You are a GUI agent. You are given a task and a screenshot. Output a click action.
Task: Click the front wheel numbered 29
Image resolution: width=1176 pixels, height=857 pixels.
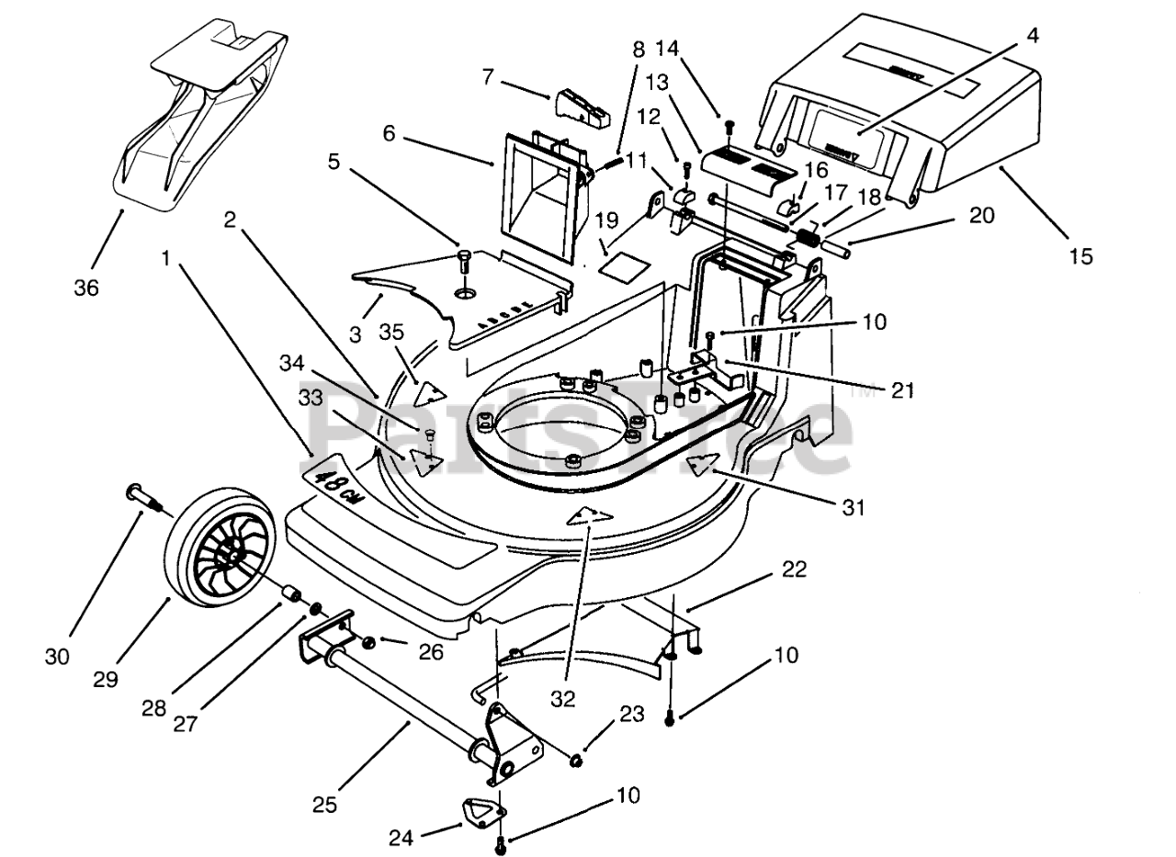220,551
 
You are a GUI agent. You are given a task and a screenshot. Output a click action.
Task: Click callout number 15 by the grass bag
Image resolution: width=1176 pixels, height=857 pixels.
1081,256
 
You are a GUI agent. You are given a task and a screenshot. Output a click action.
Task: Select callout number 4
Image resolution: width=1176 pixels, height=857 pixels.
1033,38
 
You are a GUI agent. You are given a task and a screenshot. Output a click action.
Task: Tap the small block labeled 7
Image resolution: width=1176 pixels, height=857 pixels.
582,108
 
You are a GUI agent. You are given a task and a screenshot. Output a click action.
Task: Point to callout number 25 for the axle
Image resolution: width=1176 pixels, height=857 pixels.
324,806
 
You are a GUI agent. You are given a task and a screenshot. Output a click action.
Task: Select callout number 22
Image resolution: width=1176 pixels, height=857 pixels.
795,569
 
